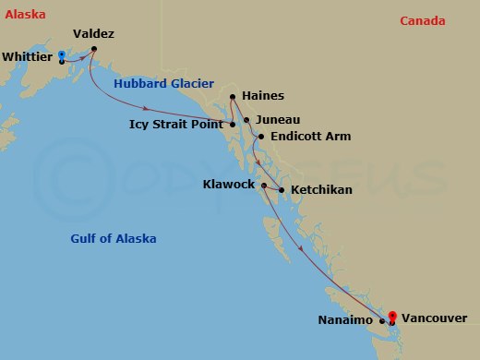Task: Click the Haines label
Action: click(262, 96)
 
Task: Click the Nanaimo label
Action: click(348, 320)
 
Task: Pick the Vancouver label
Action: click(435, 318)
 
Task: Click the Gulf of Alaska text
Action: click(114, 239)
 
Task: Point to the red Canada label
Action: click(423, 21)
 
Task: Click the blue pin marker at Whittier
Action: click(61, 55)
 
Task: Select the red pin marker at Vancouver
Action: click(392, 316)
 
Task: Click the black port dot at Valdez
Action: click(94, 48)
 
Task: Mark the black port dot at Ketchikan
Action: click(281, 190)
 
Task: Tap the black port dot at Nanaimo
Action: click(381, 321)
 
